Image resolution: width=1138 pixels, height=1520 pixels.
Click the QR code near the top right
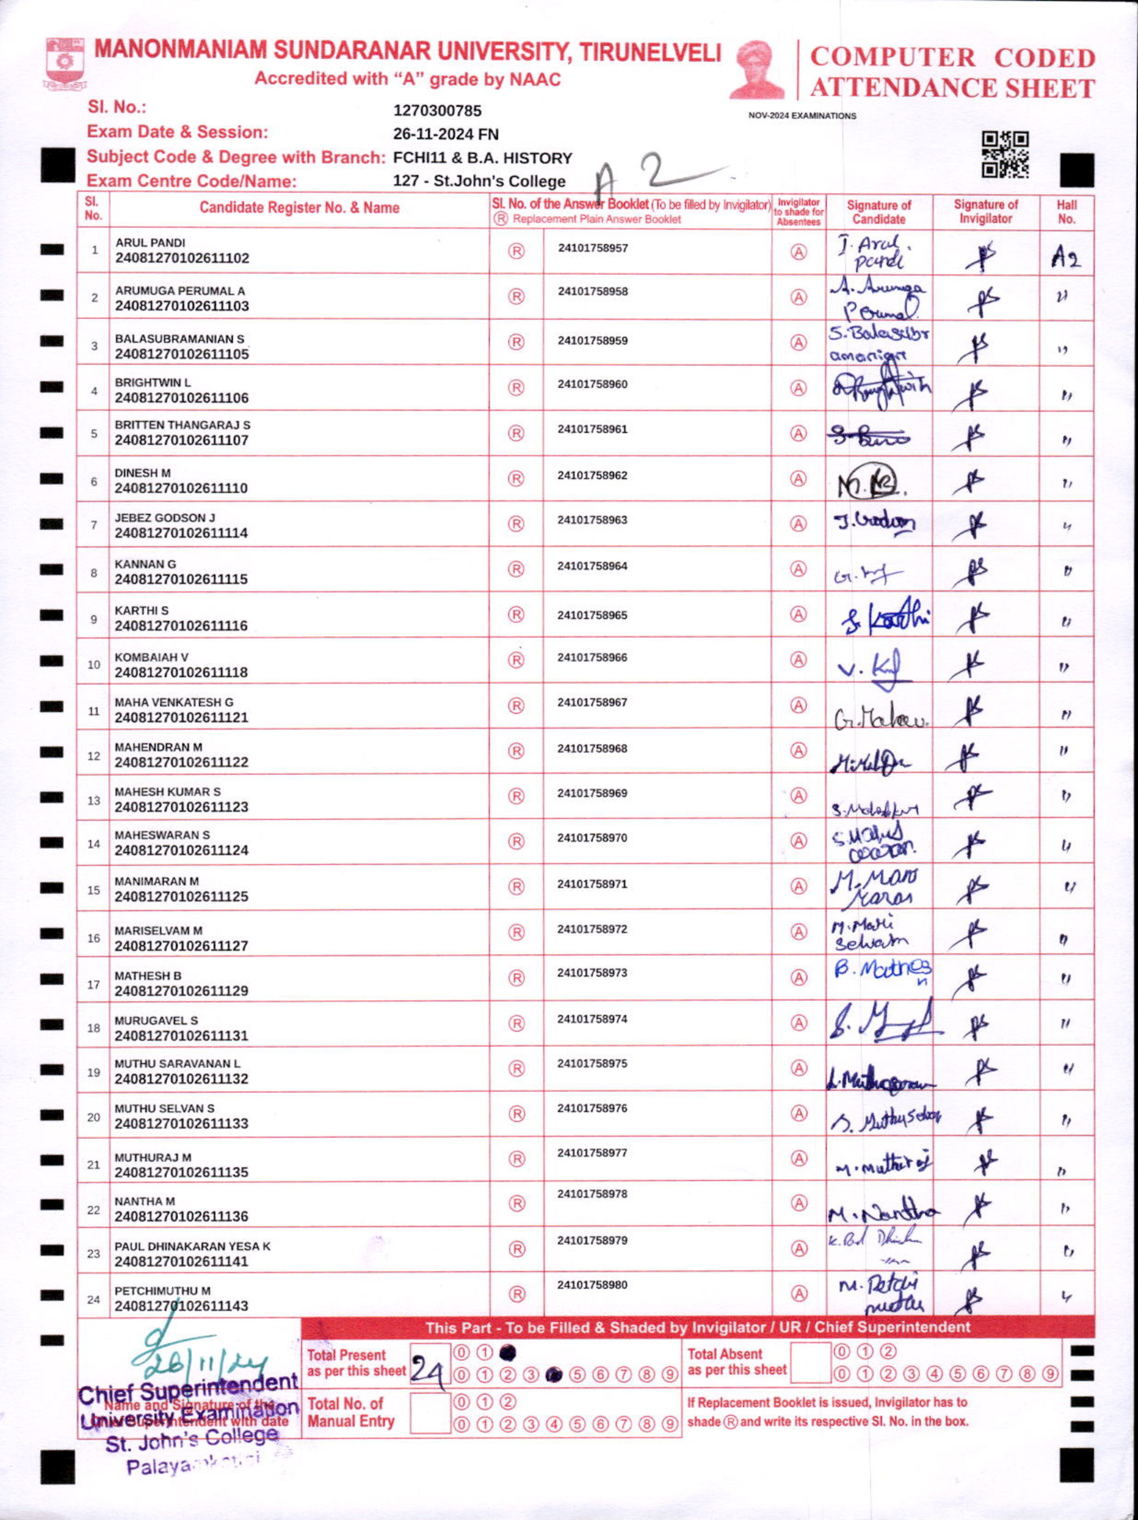(x=1005, y=155)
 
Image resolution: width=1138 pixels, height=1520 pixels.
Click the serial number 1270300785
(x=438, y=111)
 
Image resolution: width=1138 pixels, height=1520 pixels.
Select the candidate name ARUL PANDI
(x=150, y=243)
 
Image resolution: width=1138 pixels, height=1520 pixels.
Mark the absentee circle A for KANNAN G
(x=798, y=569)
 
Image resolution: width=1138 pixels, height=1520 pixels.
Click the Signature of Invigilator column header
(x=985, y=212)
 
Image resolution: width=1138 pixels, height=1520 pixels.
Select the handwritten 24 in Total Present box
(x=427, y=1371)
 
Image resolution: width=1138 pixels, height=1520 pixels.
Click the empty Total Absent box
(x=810, y=1363)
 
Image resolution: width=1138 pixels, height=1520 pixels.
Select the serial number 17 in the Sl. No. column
(x=93, y=984)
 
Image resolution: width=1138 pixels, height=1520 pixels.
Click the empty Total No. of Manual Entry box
(x=430, y=1413)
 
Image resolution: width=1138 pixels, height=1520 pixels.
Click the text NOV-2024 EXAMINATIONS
(x=802, y=116)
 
